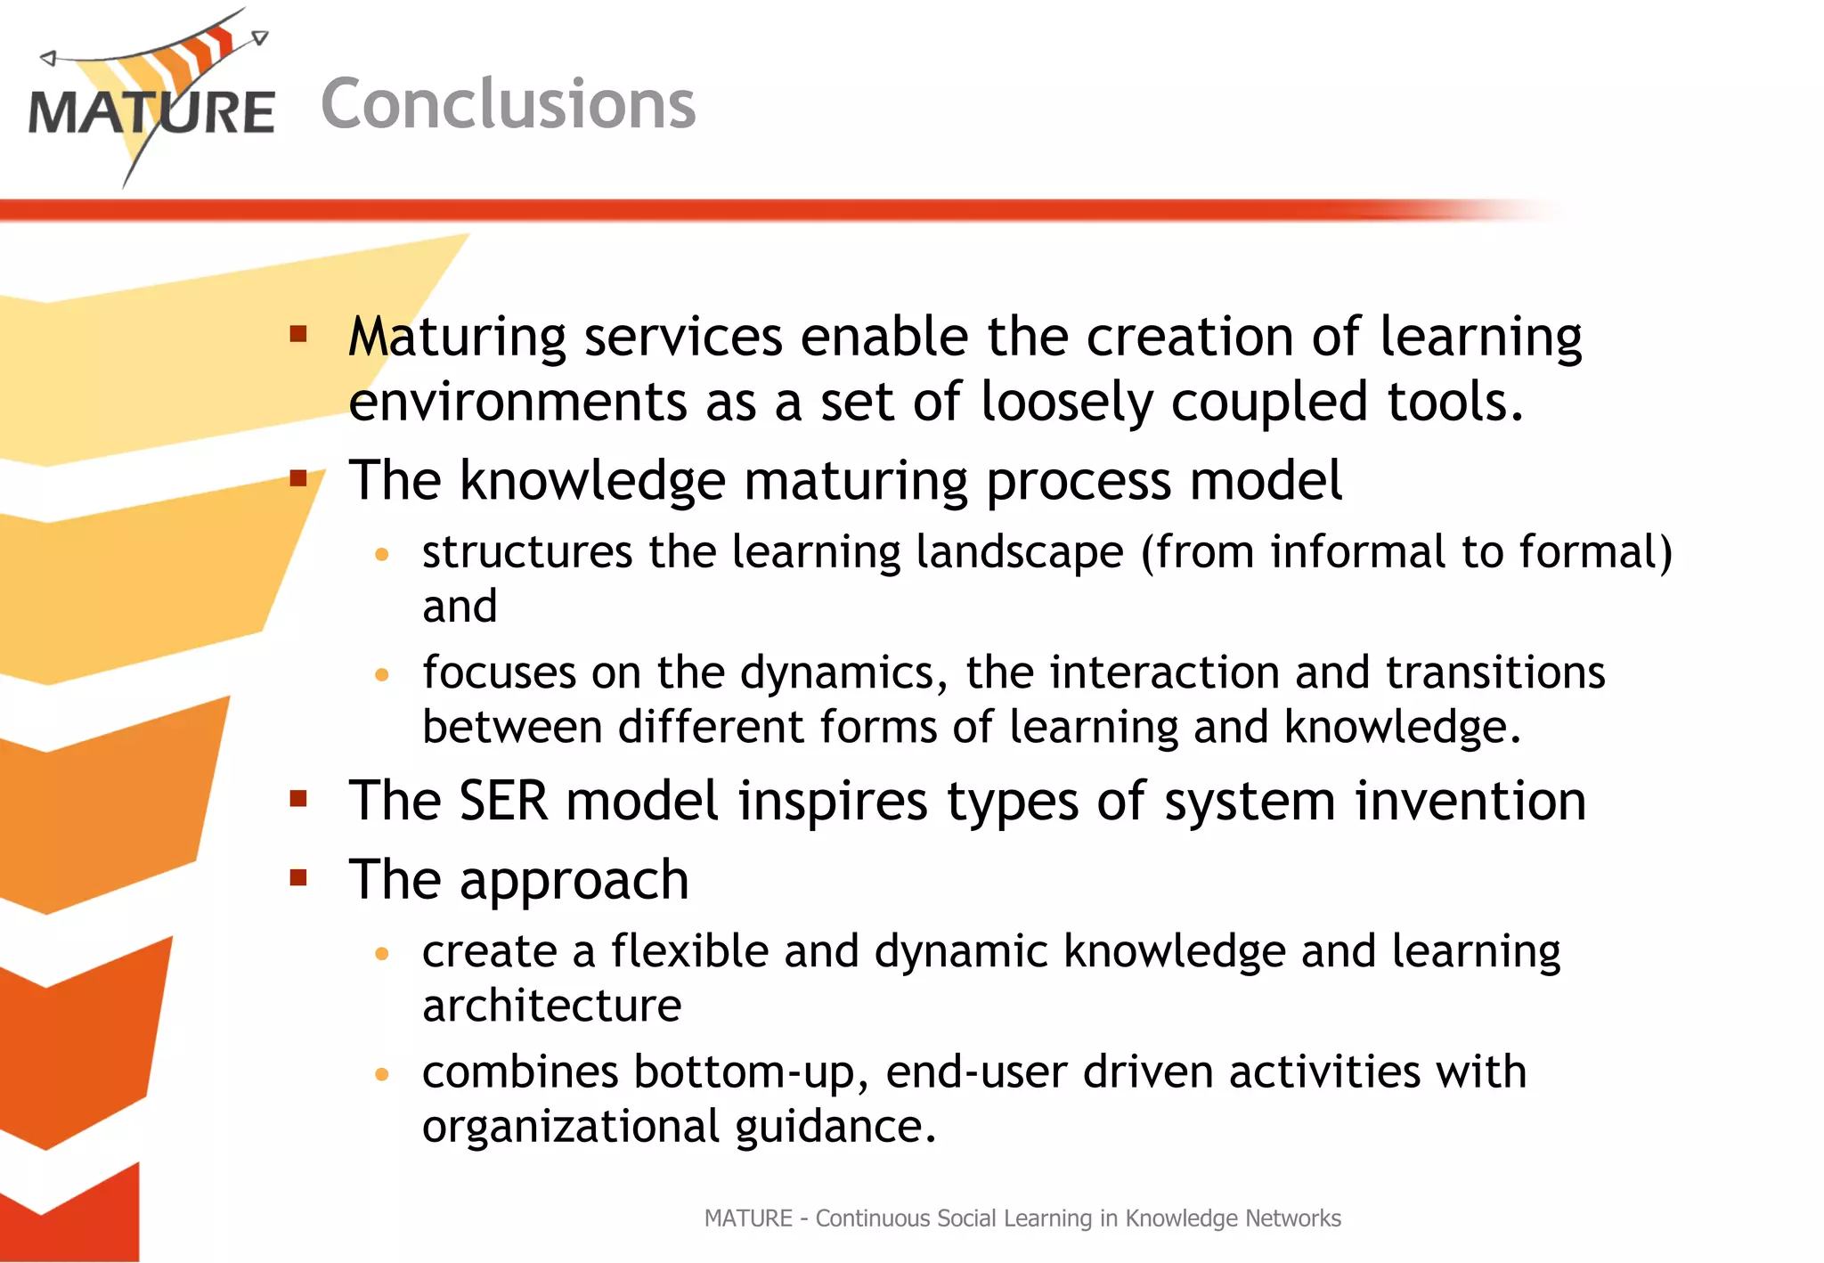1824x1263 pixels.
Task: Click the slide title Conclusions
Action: tap(508, 104)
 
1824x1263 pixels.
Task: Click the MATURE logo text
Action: tap(151, 113)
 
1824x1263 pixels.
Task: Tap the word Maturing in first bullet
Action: tap(457, 338)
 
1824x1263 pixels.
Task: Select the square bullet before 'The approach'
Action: tap(298, 878)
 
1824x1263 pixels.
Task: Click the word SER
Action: tap(502, 801)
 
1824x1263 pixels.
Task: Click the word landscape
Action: tap(1020, 552)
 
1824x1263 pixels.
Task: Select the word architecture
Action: tap(551, 1006)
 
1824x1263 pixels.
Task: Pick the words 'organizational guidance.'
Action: tap(679, 1127)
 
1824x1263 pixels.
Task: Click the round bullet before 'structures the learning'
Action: tap(382, 555)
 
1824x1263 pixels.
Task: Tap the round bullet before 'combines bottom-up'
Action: tap(382, 1075)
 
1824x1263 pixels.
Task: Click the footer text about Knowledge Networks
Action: tap(1022, 1218)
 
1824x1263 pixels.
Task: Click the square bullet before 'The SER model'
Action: tap(298, 799)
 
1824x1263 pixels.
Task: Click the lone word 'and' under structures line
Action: tap(460, 607)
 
